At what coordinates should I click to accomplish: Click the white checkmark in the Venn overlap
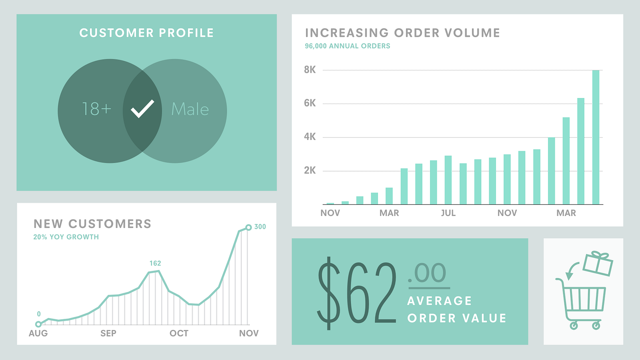click(142, 109)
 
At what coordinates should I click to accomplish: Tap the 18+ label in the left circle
click(96, 109)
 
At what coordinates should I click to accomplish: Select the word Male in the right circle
click(190, 109)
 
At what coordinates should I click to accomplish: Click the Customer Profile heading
click(146, 33)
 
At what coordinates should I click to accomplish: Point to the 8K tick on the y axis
click(310, 70)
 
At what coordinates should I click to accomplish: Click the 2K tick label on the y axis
click(310, 170)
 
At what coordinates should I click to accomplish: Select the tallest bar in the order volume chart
click(596, 137)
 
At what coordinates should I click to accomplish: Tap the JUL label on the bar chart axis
click(448, 213)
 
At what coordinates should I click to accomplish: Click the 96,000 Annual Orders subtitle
click(347, 46)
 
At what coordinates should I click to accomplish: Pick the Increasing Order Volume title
click(402, 33)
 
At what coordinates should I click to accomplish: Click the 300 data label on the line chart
click(260, 227)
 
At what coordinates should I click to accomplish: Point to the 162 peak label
click(155, 263)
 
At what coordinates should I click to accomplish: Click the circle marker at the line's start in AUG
click(38, 324)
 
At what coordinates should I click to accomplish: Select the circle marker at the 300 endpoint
click(248, 227)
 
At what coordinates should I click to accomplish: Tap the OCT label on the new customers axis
click(179, 333)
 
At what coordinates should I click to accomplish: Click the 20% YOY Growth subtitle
click(66, 237)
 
